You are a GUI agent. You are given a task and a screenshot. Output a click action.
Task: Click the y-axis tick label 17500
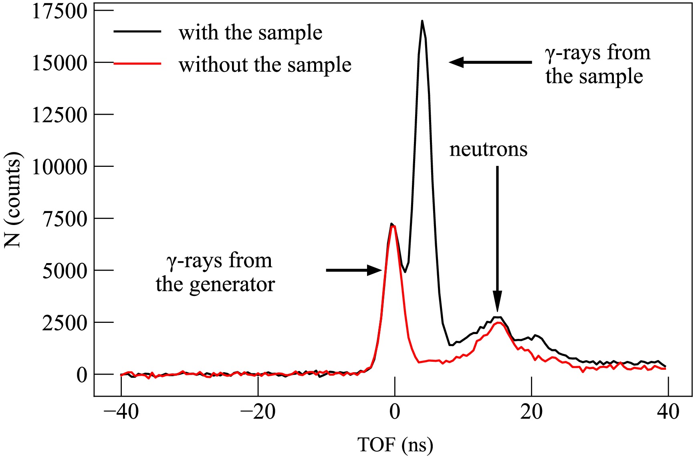(59, 11)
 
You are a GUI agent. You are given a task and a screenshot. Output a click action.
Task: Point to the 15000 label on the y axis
(59, 63)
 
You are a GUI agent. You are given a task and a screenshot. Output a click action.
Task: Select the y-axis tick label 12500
(59, 115)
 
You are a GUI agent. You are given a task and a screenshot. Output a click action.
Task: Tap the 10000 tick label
(59, 167)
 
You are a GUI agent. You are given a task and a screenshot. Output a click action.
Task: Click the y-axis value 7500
(64, 219)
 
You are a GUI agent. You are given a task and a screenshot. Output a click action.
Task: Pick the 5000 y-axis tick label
(64, 271)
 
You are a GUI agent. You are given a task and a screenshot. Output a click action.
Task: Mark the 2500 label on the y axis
(64, 323)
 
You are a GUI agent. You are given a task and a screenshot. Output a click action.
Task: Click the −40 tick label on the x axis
(121, 412)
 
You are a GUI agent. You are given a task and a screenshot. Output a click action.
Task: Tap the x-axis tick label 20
(531, 412)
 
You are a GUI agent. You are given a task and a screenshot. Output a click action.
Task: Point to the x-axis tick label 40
(668, 412)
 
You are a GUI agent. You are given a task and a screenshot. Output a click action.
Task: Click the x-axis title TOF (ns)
(395, 445)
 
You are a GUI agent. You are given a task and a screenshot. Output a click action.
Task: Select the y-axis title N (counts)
(13, 200)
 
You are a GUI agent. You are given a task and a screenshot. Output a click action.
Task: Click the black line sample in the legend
(137, 31)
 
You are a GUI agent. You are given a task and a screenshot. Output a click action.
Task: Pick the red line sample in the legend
(137, 63)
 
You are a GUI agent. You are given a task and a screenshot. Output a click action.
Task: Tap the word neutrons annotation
(488, 149)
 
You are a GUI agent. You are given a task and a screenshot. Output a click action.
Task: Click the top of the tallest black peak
(422, 21)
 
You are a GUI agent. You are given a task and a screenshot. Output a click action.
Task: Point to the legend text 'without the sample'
(265, 65)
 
